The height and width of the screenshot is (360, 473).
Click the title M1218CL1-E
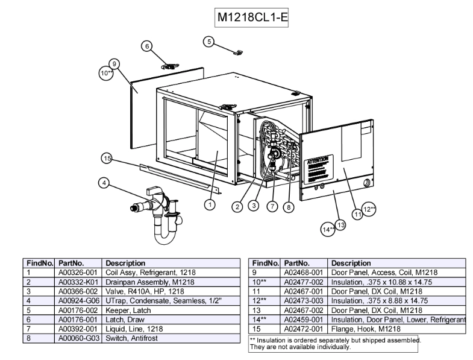point(252,17)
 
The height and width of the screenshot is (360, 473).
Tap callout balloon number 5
point(208,42)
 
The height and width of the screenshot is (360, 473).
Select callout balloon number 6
point(146,46)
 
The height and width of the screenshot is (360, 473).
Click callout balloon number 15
point(107,159)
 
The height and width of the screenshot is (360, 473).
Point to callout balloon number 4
point(104,184)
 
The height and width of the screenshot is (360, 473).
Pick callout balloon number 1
point(210,205)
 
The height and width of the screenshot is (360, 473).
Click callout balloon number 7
point(272,206)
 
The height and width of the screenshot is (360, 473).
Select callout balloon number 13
point(340,225)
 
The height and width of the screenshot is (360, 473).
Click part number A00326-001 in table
point(78,273)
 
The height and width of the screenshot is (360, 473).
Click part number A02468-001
point(304,273)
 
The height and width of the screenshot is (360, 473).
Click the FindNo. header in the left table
point(40,264)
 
